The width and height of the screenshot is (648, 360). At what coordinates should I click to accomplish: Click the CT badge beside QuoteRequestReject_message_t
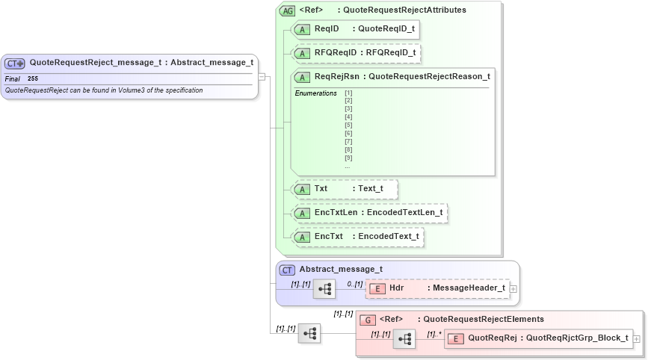click(15, 63)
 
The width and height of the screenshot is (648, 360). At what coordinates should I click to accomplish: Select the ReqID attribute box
click(355, 29)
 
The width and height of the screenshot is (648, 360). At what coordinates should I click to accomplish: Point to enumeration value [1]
click(348, 93)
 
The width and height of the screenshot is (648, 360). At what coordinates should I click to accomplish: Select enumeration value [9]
click(348, 158)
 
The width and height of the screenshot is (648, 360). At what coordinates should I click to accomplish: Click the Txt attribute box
click(345, 189)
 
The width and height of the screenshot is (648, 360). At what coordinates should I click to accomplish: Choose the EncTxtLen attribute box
click(370, 213)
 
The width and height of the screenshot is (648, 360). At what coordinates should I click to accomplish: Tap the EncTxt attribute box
click(358, 237)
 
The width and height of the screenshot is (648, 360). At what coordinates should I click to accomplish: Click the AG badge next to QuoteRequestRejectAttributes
click(287, 10)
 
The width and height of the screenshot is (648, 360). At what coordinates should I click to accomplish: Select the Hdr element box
click(436, 288)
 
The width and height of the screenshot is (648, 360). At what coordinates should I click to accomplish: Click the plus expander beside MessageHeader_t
click(513, 288)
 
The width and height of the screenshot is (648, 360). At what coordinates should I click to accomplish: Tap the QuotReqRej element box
click(537, 338)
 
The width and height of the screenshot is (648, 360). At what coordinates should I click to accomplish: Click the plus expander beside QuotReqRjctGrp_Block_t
click(636, 339)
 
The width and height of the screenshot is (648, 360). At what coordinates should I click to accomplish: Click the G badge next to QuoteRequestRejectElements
click(367, 320)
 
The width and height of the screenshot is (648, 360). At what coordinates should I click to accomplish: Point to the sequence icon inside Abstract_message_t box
click(324, 289)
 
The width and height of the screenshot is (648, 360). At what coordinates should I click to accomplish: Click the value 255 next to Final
click(33, 78)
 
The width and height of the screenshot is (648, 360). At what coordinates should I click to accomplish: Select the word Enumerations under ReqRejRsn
click(315, 93)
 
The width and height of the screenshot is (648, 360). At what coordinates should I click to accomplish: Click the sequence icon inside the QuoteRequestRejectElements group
click(404, 339)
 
